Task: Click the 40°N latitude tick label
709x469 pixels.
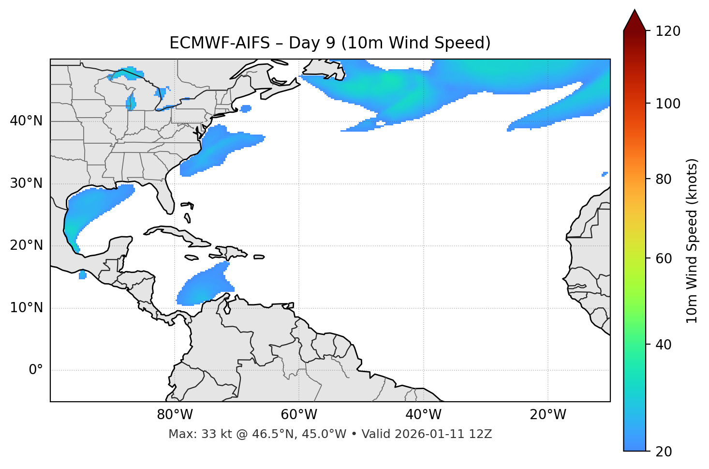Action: click(x=26, y=121)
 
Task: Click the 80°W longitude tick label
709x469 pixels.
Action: click(x=175, y=415)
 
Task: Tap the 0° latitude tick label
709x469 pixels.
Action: click(x=35, y=370)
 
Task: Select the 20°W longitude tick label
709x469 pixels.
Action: click(x=548, y=415)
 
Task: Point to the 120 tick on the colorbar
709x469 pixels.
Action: click(x=668, y=31)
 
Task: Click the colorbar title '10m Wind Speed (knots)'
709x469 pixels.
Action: click(x=692, y=241)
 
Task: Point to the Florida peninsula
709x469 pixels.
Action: click(x=166, y=196)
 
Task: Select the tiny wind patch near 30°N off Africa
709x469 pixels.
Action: click(x=605, y=174)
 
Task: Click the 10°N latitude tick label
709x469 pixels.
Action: click(x=26, y=308)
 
